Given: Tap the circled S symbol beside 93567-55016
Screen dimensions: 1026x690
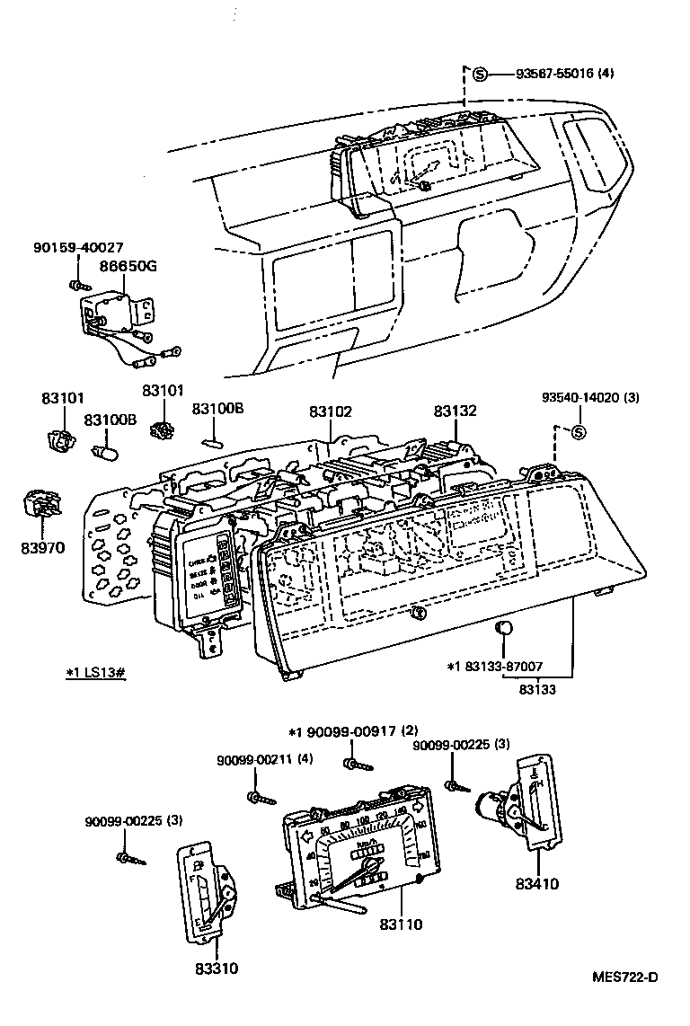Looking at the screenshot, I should pyautogui.click(x=480, y=74).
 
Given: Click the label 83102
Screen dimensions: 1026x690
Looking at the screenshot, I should pyautogui.click(x=331, y=411).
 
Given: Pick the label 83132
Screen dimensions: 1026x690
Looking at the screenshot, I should pyautogui.click(x=455, y=411).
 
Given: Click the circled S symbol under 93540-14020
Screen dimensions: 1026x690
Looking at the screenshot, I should pyautogui.click(x=579, y=433).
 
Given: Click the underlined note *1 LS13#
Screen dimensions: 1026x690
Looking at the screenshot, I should pyautogui.click(x=95, y=671).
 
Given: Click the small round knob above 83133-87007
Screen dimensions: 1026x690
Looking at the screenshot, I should pyautogui.click(x=505, y=627).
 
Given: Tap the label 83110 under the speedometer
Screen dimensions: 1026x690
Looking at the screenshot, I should pyautogui.click(x=401, y=923).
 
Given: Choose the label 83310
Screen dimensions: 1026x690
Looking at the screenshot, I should pyautogui.click(x=216, y=969).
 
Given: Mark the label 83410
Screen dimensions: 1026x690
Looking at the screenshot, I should pyautogui.click(x=536, y=883).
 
